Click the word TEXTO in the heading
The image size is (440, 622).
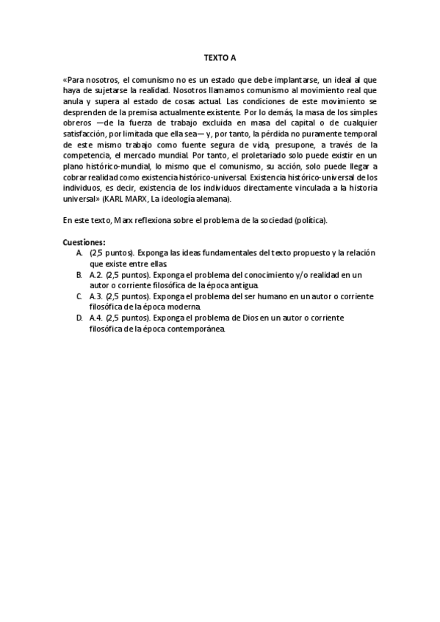click(x=213, y=56)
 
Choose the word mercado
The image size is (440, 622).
click(x=154, y=155)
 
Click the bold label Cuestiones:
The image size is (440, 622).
click(x=84, y=242)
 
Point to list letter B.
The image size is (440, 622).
click(x=79, y=274)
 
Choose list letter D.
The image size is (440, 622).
click(x=79, y=318)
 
